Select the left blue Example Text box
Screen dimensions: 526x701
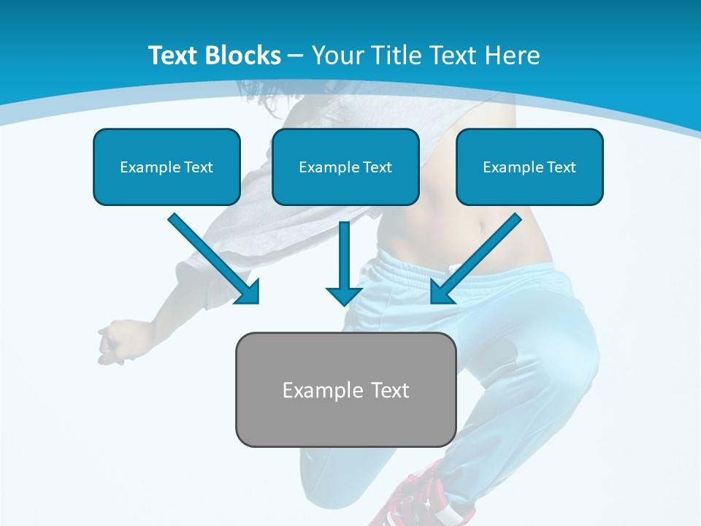tap(166, 167)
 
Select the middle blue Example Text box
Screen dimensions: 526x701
tap(345, 167)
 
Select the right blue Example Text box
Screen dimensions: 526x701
tap(529, 167)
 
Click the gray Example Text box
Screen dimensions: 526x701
tap(345, 390)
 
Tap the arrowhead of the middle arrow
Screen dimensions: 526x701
tap(344, 295)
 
